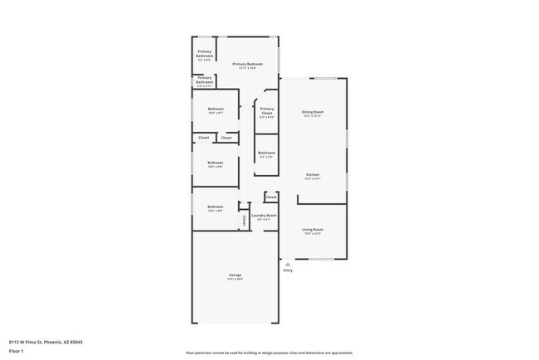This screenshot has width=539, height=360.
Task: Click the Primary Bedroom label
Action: coord(247,65)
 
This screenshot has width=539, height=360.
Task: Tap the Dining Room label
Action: coord(313,111)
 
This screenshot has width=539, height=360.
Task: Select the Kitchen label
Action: coord(313,174)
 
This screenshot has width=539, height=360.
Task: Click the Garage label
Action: coord(236,275)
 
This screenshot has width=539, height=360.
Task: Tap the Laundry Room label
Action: coord(264,215)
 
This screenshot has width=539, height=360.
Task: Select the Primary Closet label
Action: coord(266,111)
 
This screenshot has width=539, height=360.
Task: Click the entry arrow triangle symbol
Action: coord(288,264)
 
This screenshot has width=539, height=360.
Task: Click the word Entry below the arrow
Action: coord(288,270)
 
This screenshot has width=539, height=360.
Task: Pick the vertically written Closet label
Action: coord(244,221)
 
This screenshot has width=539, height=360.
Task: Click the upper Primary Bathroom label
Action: coord(204,53)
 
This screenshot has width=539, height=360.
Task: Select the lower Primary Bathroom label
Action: coord(204,80)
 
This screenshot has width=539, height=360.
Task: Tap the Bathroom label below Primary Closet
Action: coord(266,153)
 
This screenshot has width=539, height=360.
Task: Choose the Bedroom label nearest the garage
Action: coord(215,207)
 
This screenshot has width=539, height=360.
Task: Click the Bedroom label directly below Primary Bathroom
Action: coord(215,109)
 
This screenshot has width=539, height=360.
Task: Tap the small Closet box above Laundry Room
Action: coord(271,197)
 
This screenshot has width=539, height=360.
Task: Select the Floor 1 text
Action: coord(17,351)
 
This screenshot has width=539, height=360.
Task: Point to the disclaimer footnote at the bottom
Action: coord(269,353)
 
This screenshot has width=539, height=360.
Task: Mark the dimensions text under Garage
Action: coord(236,279)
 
